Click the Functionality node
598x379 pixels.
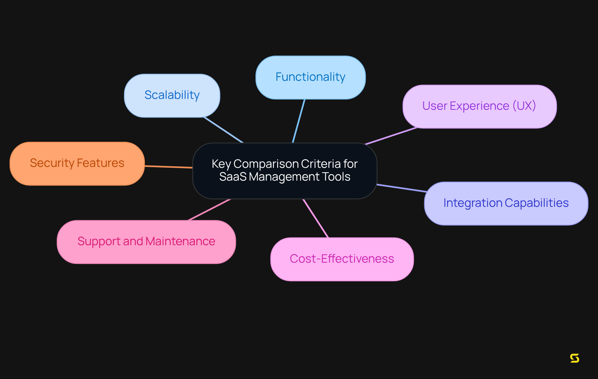tap(311, 77)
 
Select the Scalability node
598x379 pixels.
tap(172, 95)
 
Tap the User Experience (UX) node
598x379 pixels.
tap(479, 106)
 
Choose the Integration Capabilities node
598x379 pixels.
tap(506, 203)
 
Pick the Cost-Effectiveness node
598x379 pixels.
tap(342, 259)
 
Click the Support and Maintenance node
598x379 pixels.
tap(146, 242)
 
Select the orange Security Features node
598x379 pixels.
tap(77, 163)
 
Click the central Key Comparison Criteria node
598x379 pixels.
tap(285, 171)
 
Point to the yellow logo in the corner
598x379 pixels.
tap(574, 358)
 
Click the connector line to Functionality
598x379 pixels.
tap(299, 121)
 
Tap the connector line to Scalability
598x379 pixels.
tap(223, 130)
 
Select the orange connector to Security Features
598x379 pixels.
tap(168, 167)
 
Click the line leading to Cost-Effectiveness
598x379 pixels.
tap(316, 218)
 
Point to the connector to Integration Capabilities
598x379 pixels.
tap(402, 188)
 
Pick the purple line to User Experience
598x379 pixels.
tap(391, 136)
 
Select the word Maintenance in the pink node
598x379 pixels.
tap(180, 241)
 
